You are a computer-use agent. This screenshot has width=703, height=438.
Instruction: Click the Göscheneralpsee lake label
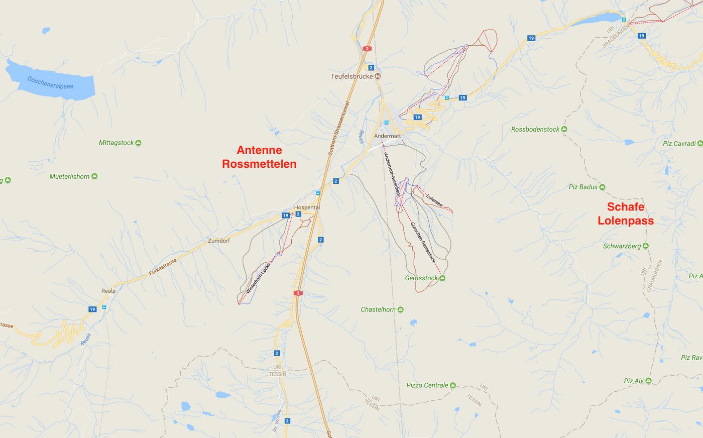pos(50,82)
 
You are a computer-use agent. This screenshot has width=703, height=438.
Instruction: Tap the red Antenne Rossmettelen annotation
pos(259,157)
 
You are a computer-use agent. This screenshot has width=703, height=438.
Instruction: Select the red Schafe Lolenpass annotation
pos(626,213)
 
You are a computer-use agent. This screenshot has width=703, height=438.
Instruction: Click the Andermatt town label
pos(387,136)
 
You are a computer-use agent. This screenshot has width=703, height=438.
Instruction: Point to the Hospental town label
pos(307,207)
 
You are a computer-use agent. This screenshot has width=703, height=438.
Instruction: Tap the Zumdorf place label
pos(219,241)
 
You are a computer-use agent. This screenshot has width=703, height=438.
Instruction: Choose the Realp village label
pos(108,291)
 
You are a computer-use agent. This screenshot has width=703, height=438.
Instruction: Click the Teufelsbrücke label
pos(351,76)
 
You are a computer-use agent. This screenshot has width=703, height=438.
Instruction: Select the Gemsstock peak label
pos(421,278)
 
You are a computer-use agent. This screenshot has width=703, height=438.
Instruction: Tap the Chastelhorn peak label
pos(378,309)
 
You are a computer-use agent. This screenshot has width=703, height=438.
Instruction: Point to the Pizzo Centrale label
pos(427,385)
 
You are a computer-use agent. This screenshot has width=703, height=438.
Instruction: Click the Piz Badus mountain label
pos(583,187)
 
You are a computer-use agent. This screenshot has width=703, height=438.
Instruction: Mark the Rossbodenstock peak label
pos(535,130)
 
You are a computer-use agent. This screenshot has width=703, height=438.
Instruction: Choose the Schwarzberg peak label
pos(622,246)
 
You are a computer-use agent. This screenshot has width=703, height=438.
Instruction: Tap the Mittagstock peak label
pos(116,143)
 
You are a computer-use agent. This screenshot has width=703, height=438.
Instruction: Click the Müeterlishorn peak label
pos(69,176)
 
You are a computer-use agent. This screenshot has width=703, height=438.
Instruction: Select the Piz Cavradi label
pos(679,144)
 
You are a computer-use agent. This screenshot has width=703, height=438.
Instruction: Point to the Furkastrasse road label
pos(163,267)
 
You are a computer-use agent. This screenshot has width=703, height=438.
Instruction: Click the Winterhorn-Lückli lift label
pos(258,278)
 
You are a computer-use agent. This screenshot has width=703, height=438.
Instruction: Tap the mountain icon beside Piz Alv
pos(649,381)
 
